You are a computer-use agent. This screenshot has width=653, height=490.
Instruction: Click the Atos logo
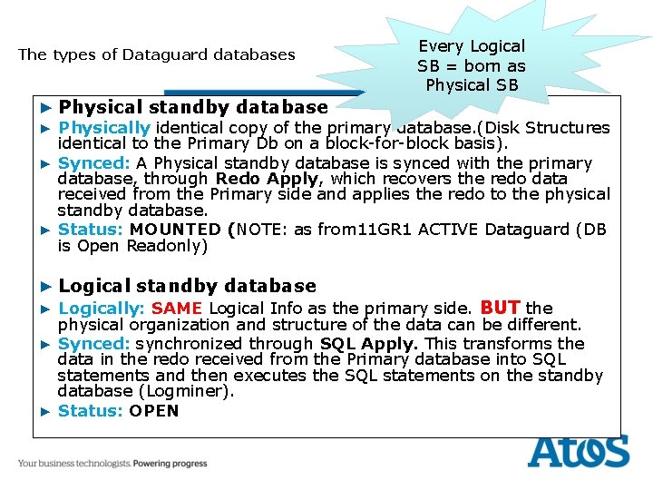[579, 451]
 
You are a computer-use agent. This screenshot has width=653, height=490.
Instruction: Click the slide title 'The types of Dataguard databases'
[157, 54]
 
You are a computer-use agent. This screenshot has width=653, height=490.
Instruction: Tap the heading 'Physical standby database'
[192, 108]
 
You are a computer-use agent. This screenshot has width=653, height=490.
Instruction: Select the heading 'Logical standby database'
[187, 286]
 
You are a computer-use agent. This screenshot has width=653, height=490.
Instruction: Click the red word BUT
[501, 307]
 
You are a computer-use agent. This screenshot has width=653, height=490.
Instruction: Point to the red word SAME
[177, 309]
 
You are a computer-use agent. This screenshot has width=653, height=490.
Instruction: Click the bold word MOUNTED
[175, 230]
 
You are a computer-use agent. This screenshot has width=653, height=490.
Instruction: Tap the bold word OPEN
[154, 411]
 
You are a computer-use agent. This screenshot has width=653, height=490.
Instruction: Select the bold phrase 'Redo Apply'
[268, 179]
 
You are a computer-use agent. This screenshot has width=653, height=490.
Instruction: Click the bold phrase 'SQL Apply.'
[371, 344]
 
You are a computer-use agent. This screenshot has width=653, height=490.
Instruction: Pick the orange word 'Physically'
[103, 128]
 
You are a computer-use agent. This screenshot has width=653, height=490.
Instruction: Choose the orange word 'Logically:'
[102, 309]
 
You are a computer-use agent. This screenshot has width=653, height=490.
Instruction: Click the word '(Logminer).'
[192, 391]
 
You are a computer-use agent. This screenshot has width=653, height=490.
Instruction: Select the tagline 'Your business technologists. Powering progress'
[112, 464]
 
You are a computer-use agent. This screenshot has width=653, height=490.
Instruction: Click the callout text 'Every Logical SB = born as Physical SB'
[471, 65]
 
